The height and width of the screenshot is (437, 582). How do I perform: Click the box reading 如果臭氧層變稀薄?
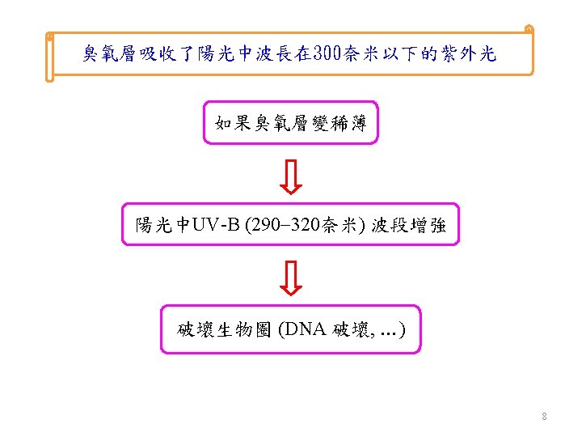coord(291,123)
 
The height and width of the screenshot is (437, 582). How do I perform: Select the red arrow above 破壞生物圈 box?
coord(291,278)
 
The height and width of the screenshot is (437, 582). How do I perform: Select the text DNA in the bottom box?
coord(304,329)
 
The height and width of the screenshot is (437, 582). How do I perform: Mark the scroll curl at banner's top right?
coord(529,30)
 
